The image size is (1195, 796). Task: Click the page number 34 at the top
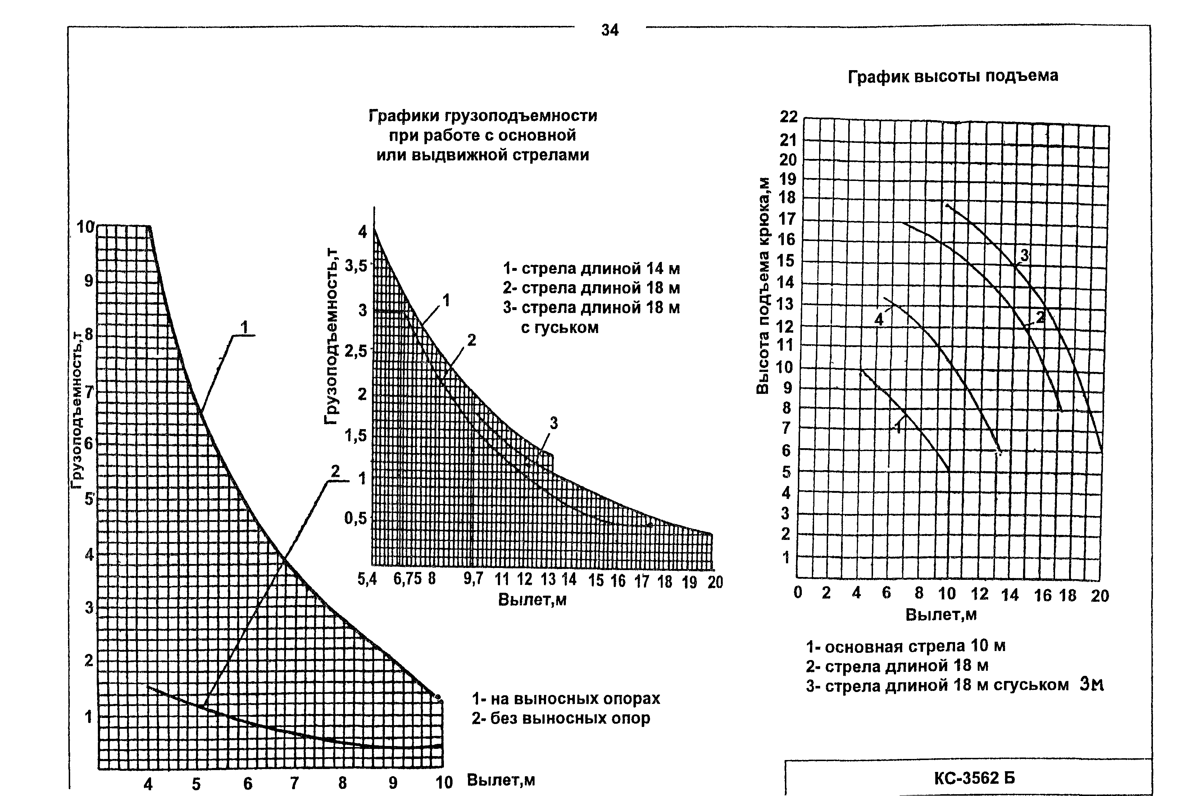(610, 31)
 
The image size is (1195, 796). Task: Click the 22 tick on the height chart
(789, 117)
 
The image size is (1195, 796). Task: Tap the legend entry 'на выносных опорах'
(566, 699)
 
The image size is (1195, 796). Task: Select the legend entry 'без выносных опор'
(561, 719)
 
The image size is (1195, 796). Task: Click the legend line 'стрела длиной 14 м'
(591, 269)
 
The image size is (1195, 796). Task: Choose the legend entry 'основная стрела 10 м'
(906, 646)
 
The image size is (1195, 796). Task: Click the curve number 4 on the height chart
(879, 319)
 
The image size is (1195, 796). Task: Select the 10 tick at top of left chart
(85, 227)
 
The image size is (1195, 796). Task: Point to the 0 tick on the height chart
(798, 593)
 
